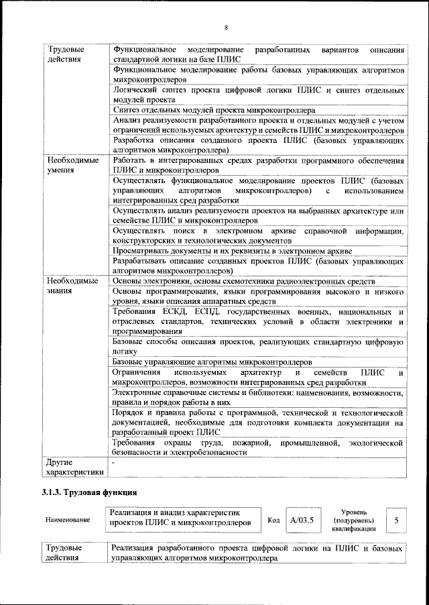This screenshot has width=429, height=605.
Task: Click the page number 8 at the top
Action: pyautogui.click(x=226, y=27)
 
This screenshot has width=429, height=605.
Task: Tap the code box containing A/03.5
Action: pyautogui.click(x=302, y=520)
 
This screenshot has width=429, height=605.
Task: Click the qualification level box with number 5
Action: pyautogui.click(x=397, y=520)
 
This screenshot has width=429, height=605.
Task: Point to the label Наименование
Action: pyautogui.click(x=67, y=520)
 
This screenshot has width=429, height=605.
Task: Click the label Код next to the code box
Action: pyautogui.click(x=273, y=520)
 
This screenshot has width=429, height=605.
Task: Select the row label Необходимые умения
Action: pyautogui.click(x=72, y=166)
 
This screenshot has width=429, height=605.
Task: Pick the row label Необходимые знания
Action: pyautogui.click(x=72, y=286)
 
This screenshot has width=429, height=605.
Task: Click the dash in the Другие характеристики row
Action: pyautogui.click(x=115, y=463)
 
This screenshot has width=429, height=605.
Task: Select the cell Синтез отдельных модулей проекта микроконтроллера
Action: pyautogui.click(x=218, y=110)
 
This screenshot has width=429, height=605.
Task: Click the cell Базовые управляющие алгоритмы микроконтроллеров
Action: pyautogui.click(x=212, y=362)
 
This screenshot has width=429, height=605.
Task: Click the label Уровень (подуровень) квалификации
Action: pyautogui.click(x=353, y=520)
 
